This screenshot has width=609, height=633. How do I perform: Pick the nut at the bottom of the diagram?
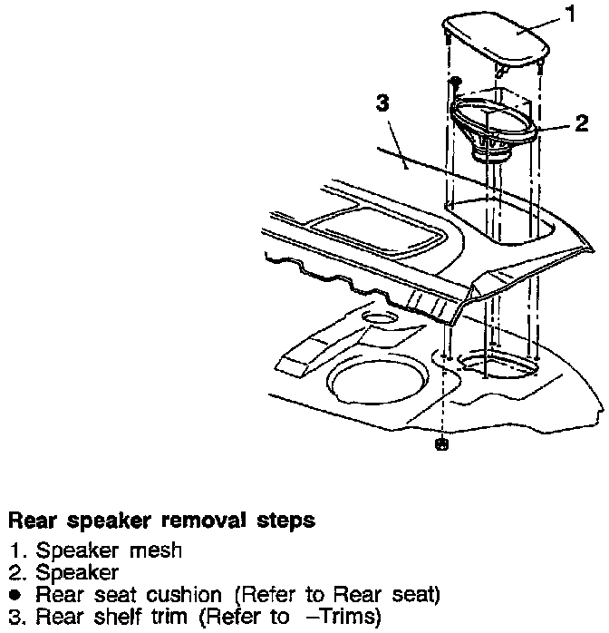click(x=441, y=445)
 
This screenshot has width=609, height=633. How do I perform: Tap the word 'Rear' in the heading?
click(x=28, y=521)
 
